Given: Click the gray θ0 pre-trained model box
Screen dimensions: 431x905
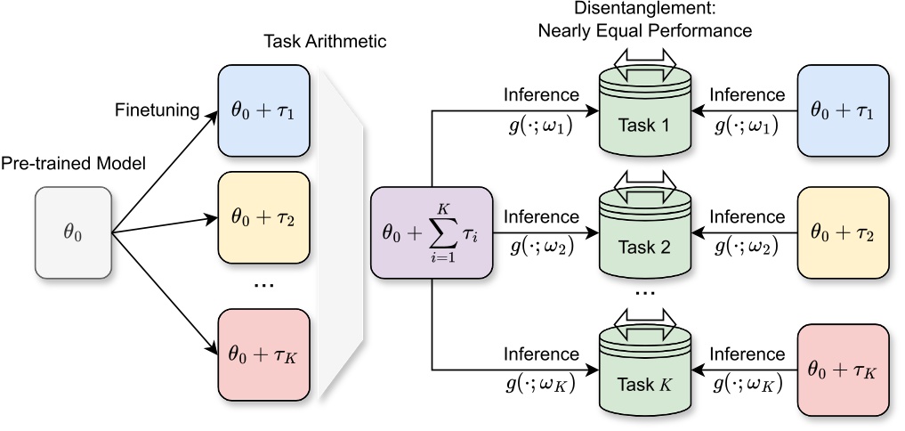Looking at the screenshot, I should (x=73, y=232).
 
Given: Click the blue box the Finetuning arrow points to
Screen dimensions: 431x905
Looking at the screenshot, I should (x=263, y=109).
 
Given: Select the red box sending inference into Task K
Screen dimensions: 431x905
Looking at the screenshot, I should (x=844, y=371).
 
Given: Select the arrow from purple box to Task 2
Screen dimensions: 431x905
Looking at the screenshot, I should (x=543, y=235).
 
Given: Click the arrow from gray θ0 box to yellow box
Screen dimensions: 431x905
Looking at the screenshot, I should (x=165, y=224).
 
